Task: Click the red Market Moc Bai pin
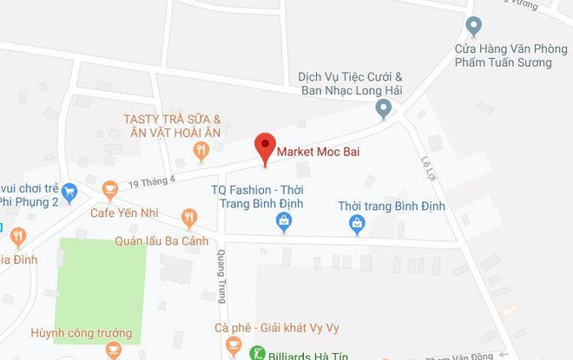265,147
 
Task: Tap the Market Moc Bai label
318,153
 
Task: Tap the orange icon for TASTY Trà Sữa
201,152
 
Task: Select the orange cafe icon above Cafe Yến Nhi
110,188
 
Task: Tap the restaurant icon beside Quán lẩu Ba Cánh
189,217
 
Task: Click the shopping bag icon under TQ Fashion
283,223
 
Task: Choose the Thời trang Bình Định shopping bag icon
357,224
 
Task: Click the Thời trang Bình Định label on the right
392,206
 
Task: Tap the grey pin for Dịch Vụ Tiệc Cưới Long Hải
383,108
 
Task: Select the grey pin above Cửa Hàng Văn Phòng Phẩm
473,26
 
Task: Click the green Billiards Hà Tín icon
257,352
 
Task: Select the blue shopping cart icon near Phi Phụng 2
69,192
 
